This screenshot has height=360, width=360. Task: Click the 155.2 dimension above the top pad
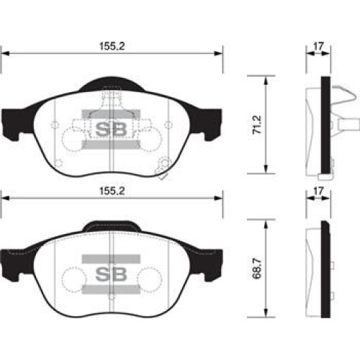click(112, 46)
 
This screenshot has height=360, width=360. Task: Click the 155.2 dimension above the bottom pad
click(112, 191)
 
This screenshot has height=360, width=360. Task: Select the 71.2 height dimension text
click(258, 125)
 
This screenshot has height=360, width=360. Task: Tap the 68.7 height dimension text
click(257, 269)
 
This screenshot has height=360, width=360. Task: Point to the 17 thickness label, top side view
click(318, 46)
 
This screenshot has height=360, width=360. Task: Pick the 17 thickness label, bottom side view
click(318, 191)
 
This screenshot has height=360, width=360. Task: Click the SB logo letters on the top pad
click(111, 130)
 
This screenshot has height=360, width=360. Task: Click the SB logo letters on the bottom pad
click(111, 274)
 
